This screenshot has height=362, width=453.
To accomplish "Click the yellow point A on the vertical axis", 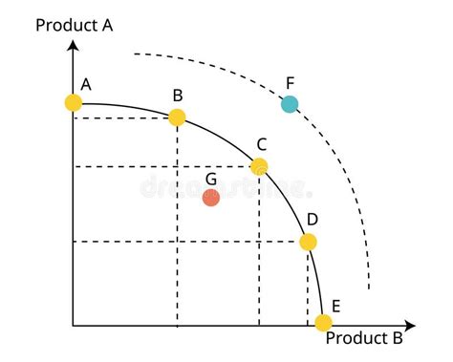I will tap(74, 102).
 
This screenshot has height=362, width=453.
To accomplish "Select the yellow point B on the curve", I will tap(177, 117).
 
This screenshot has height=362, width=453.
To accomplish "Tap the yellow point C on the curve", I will tap(259, 166).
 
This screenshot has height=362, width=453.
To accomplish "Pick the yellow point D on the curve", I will tap(308, 242).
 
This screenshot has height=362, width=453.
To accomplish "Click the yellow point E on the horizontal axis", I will tap(324, 322).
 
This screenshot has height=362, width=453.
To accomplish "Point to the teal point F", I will tap(290, 103).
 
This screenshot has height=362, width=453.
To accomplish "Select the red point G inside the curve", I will tap(211, 198).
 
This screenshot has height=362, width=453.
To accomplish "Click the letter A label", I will tap(86, 84).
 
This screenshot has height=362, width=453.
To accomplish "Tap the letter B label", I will tap(178, 95).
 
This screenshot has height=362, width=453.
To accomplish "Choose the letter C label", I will tap(261, 143).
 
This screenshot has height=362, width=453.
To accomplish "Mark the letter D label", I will tap(312, 219).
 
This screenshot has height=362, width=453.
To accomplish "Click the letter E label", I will tap(335, 307).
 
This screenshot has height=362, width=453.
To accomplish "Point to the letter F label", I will tap(291, 81).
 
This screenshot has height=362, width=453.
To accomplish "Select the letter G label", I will tap(211, 177).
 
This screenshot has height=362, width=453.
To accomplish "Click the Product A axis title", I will tap(75, 25).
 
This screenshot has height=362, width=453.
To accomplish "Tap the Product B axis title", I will tap(364, 338).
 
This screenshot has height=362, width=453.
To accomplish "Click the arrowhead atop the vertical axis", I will tap(74, 46).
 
